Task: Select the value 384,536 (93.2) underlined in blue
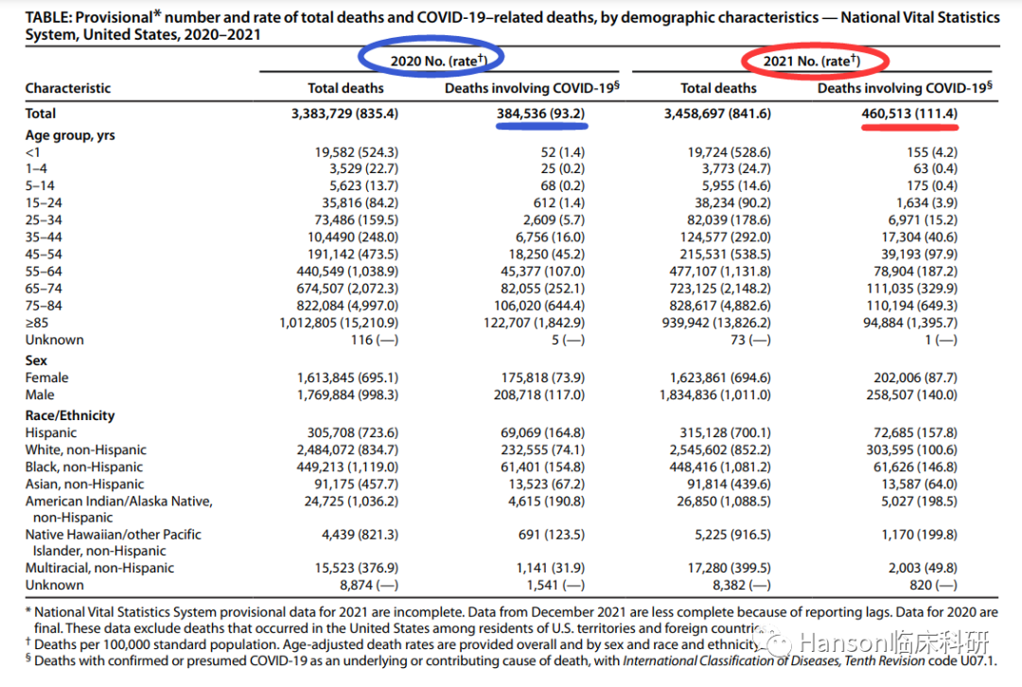click(539, 113)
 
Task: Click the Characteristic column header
click(68, 88)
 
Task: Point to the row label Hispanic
click(51, 432)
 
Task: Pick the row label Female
click(46, 378)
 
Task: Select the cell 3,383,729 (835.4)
click(345, 113)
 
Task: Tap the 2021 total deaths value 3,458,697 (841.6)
click(718, 113)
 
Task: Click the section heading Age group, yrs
click(70, 135)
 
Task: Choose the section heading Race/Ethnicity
click(70, 415)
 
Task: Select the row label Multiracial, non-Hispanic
click(99, 568)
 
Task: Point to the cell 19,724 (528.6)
click(728, 152)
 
